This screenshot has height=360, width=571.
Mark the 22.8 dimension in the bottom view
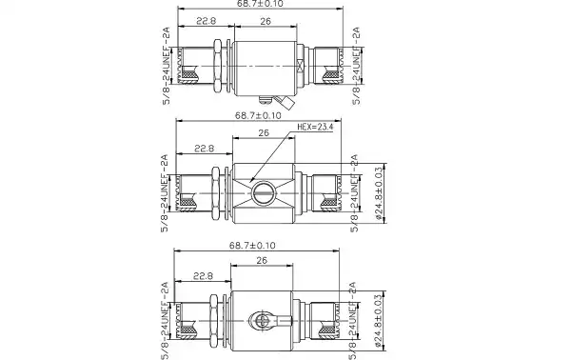point(204,275)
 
